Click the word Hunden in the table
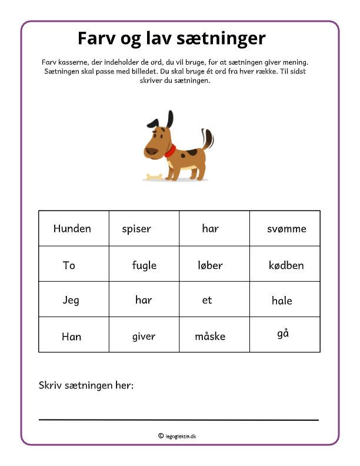pos(72,228)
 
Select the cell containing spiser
pos(136,229)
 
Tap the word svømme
pos(286,229)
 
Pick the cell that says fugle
pos(144,265)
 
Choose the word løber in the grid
pos(210,265)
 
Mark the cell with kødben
pos(286,265)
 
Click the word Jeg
pos(71,300)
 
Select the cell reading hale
pos(282,301)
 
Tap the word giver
pos(144,337)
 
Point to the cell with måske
pos(210,337)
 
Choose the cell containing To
pos(69,265)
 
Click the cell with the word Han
pos(71,337)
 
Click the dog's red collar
pos(171,151)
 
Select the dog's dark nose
pos(151,151)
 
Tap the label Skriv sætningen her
pos(86,385)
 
